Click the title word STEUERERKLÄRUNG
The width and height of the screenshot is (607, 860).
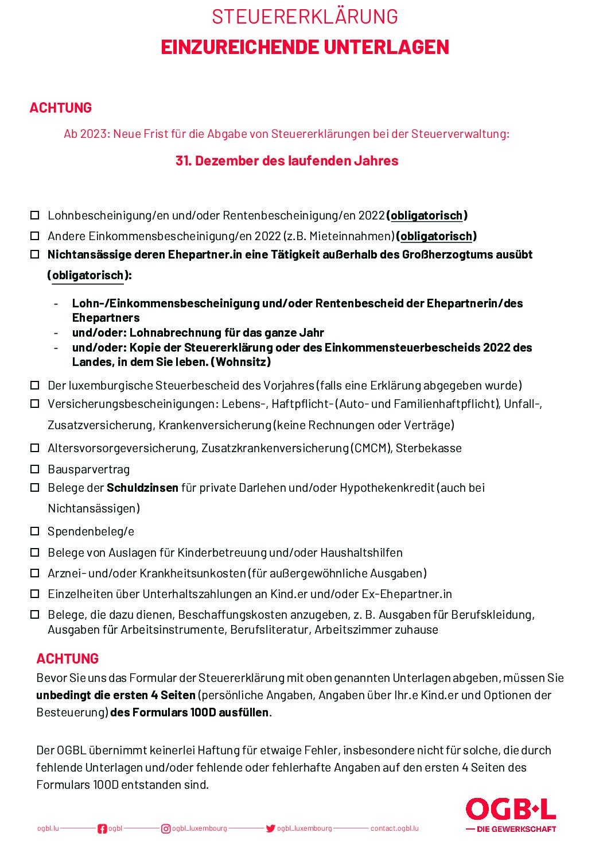click(305, 17)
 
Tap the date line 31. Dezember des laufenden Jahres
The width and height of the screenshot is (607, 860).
click(287, 161)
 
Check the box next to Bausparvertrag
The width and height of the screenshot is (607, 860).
click(35, 469)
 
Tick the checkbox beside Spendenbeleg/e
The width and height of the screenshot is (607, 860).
click(35, 531)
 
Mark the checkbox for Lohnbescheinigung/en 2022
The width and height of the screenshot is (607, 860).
click(35, 215)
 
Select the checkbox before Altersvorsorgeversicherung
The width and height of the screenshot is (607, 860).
click(35, 448)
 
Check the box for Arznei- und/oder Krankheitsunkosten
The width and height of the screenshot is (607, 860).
click(35, 573)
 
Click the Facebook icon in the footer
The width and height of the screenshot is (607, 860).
click(102, 828)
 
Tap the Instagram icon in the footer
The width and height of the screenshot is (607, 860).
click(166, 828)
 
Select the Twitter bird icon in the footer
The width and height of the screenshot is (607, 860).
click(270, 828)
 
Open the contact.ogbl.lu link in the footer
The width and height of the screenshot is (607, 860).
click(394, 828)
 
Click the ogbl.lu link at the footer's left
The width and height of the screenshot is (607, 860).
click(48, 828)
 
